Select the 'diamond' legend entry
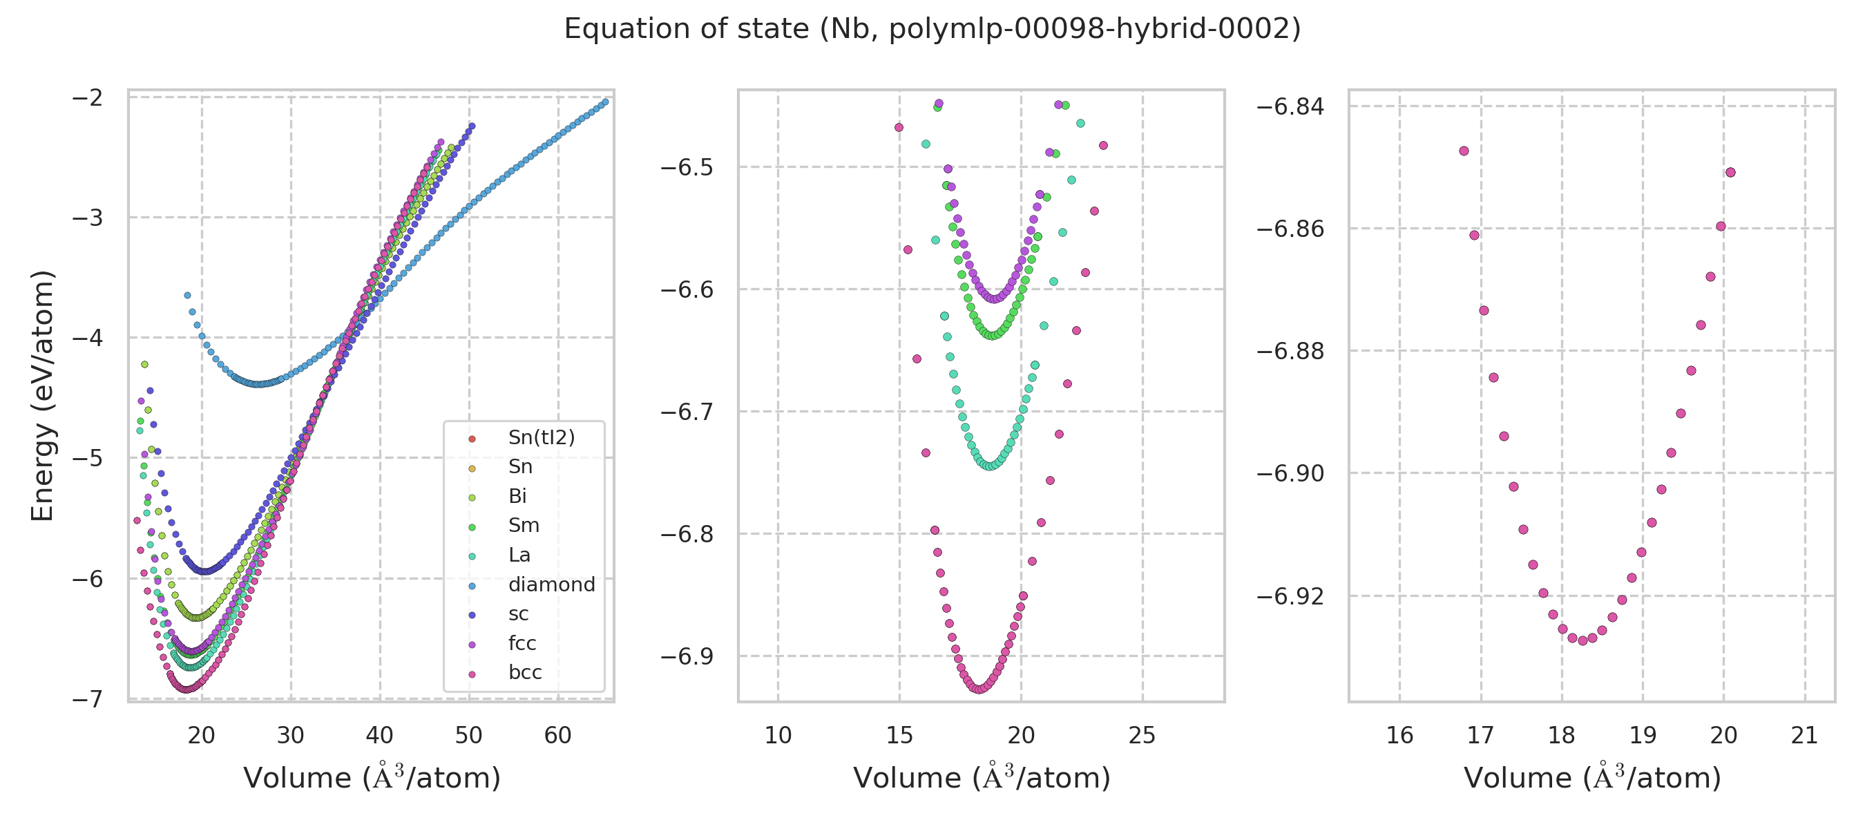551,584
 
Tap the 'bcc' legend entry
525,673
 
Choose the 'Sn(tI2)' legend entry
541,437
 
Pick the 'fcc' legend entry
522,643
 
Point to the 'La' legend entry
519,555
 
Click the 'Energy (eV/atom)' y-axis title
43,395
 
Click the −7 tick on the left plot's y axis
87,699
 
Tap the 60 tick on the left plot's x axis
557,736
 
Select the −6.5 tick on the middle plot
687,167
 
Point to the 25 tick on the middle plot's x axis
1142,736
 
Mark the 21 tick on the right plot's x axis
1804,736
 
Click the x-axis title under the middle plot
982,778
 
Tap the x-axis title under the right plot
1592,778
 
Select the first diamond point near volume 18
187,296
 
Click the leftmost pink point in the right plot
1464,151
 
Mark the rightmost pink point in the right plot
1730,172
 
